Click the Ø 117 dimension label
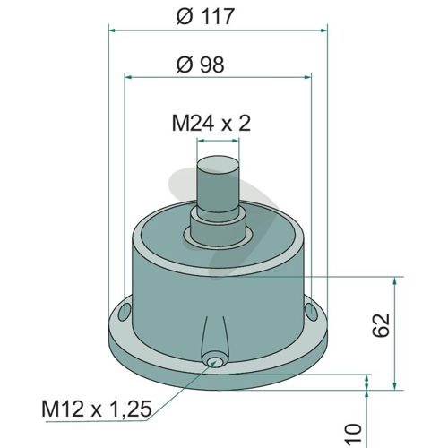pos(204,16)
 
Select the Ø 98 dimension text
pos(200,65)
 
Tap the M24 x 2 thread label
pos(211,123)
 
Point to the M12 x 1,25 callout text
pos(97,409)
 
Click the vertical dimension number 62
pos(382,325)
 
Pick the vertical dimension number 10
pos(354,433)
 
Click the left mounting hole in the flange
pos(125,312)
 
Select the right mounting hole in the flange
pos(312,312)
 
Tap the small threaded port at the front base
pos(212,361)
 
